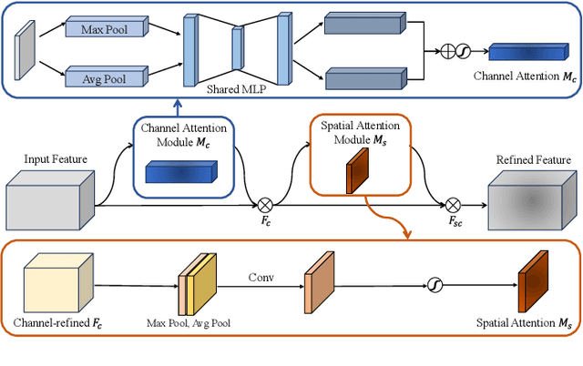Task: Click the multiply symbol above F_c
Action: (267, 205)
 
